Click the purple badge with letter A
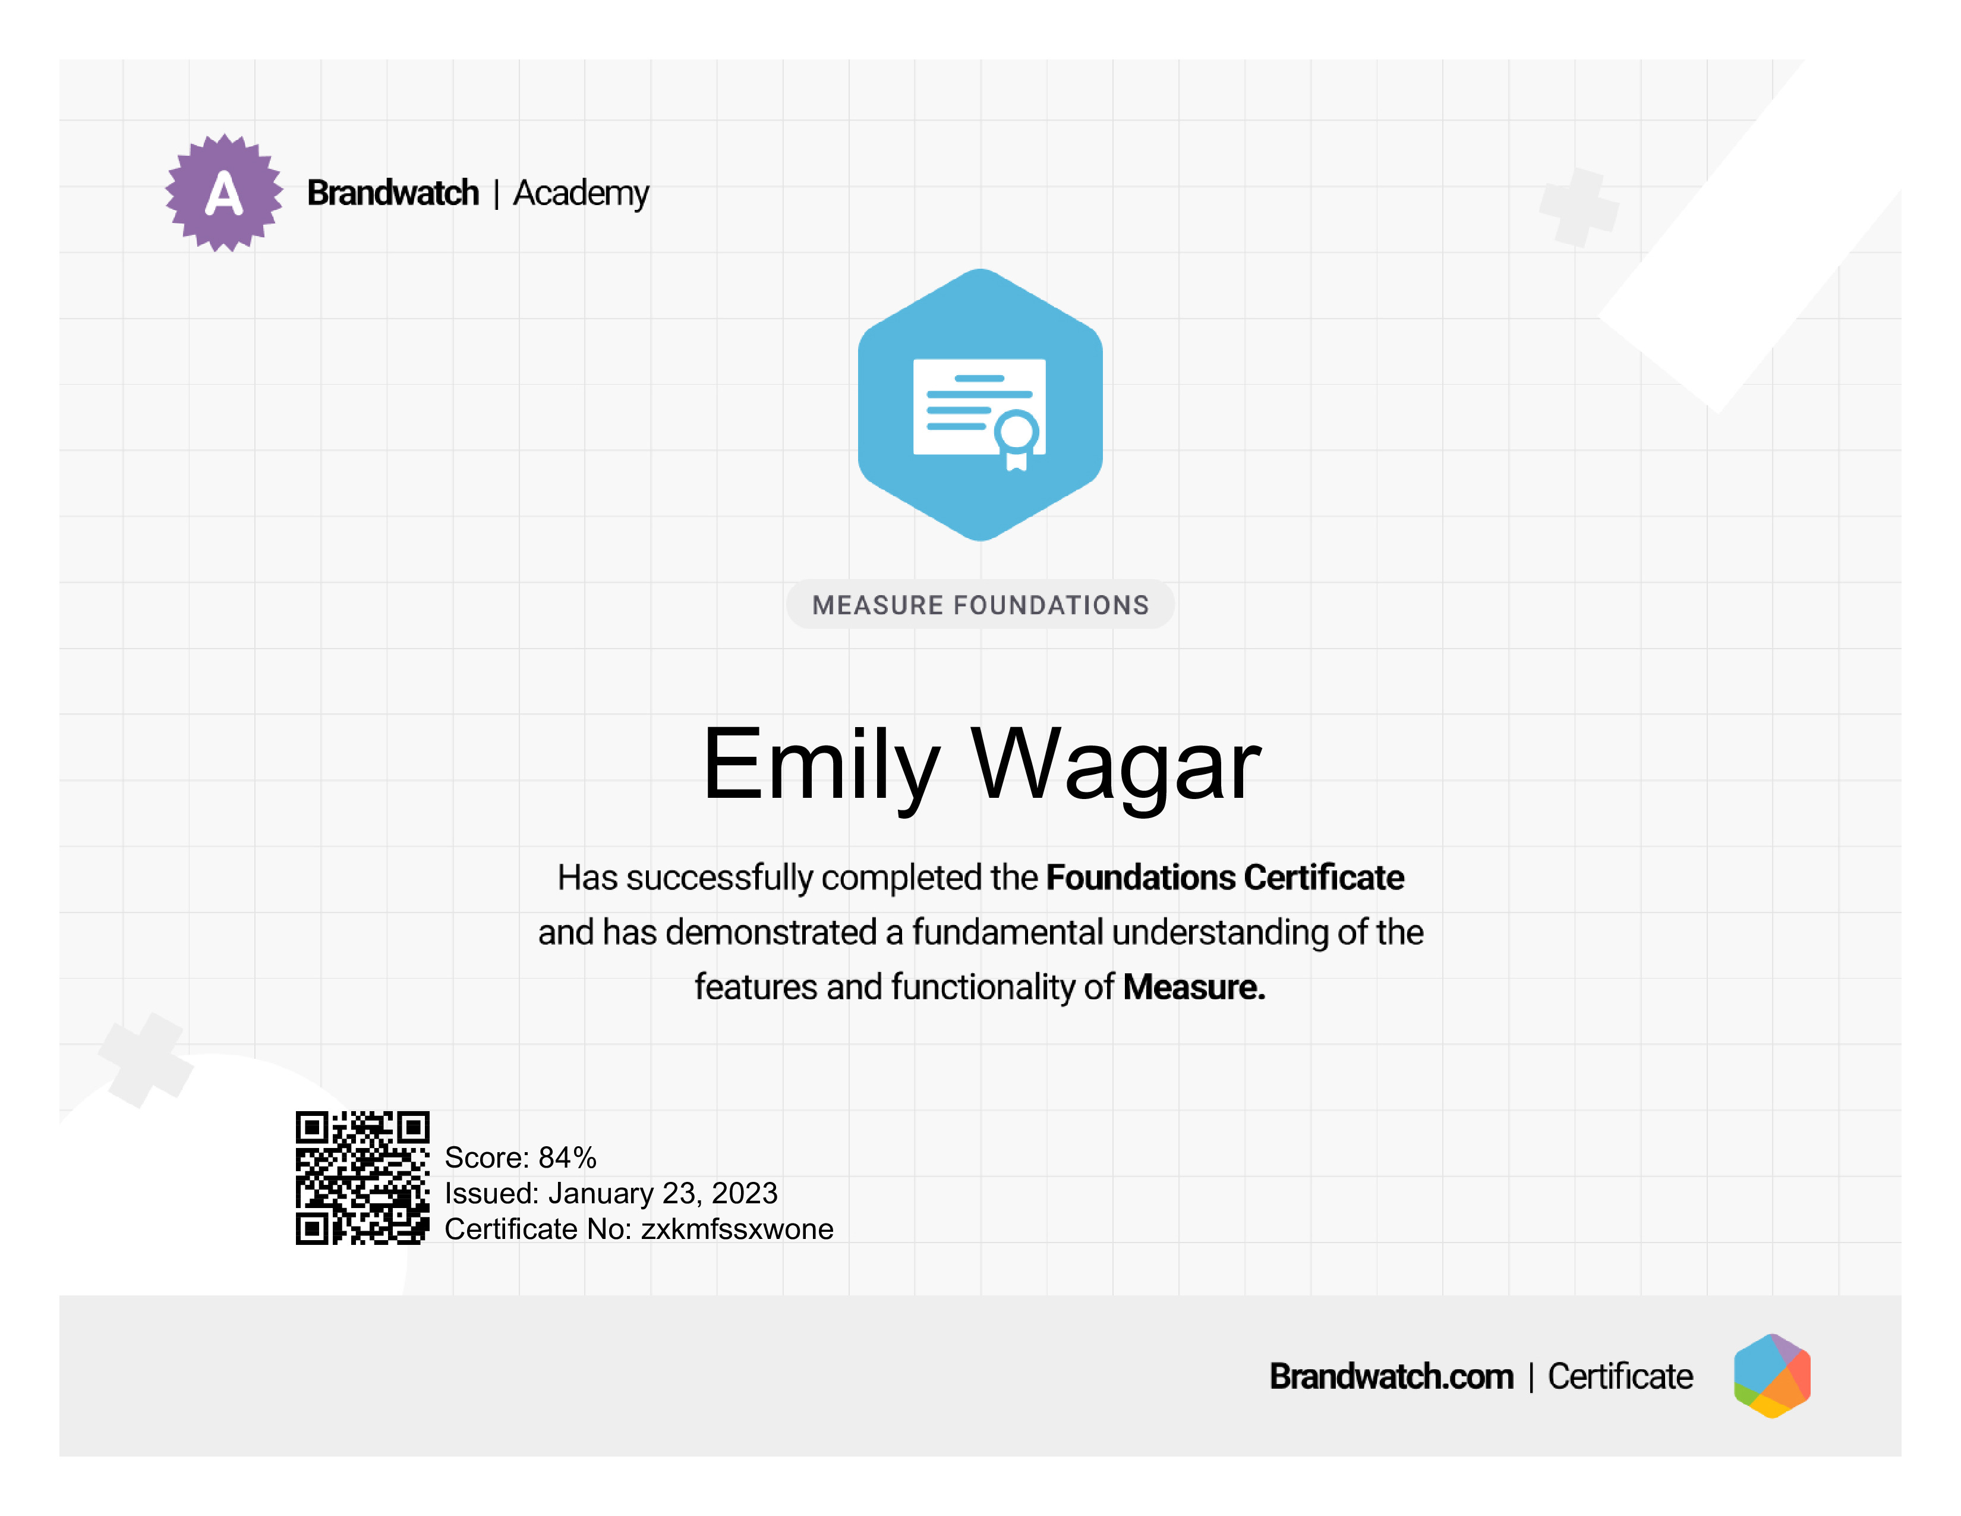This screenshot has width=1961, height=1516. click(x=223, y=193)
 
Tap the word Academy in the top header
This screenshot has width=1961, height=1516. click(x=581, y=194)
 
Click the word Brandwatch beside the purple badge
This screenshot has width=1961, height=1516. click(x=393, y=193)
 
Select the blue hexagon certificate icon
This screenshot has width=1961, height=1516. click(x=980, y=405)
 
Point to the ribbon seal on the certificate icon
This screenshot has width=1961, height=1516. click(x=1016, y=439)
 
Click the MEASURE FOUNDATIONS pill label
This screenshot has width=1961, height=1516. click(x=980, y=605)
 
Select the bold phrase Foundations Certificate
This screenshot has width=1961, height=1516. click(x=1225, y=877)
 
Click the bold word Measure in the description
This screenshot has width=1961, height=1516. click(x=1194, y=987)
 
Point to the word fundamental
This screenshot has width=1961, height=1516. click(x=1007, y=932)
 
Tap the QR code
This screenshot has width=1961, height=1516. click(x=362, y=1177)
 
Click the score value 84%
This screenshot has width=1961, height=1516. click(x=568, y=1158)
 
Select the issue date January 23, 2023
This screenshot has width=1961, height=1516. click(x=663, y=1194)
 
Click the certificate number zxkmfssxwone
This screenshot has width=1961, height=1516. click(x=737, y=1229)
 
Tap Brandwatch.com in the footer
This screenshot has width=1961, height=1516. click(x=1391, y=1377)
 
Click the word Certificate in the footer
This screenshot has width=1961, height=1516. click(x=1620, y=1377)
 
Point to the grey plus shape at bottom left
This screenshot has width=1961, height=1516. click(x=146, y=1060)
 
